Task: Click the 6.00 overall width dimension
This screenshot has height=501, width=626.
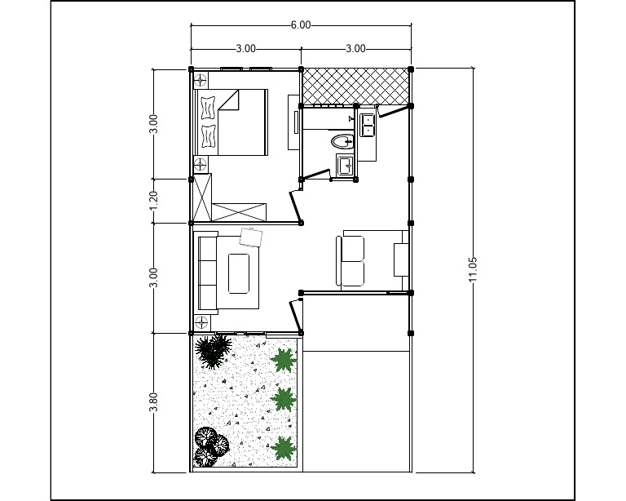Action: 301,24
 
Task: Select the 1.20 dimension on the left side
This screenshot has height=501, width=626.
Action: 154,201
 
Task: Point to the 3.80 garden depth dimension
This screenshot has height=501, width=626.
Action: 154,403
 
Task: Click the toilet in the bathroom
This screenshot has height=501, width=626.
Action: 342,142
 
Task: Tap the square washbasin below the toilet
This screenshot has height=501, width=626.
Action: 345,166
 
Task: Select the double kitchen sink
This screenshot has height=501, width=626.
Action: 368,125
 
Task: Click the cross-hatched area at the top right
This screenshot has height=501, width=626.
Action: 355,86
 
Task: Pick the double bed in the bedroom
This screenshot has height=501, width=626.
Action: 232,122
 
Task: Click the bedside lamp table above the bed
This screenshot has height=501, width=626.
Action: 201,79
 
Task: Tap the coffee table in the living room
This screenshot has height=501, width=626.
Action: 240,273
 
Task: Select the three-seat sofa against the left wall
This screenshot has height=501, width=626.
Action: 207,273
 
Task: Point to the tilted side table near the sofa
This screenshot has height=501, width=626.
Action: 250,237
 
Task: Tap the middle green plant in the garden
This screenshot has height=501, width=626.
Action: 283,399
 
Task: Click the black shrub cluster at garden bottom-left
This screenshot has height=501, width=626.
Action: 210,446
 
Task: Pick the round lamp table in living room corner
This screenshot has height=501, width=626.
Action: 201,322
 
